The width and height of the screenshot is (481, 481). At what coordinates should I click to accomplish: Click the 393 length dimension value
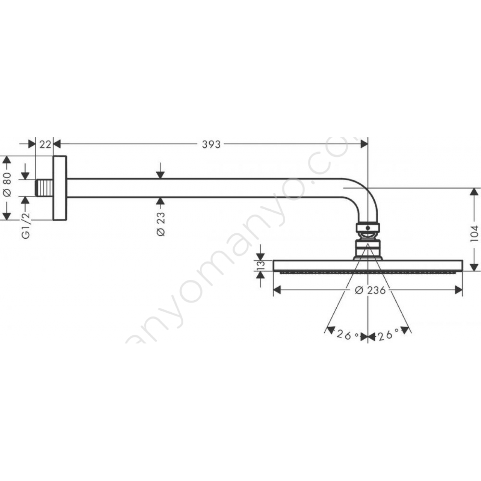(211, 144)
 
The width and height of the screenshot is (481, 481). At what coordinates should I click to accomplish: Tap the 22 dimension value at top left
(45, 144)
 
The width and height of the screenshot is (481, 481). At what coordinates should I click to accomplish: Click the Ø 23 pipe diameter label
(161, 224)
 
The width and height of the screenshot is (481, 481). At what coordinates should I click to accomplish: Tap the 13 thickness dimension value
(260, 266)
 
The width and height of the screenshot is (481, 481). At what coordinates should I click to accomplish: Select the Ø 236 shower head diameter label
(370, 290)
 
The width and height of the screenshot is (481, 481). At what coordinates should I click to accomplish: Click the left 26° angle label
(348, 335)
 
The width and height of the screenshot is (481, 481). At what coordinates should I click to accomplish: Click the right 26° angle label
(388, 334)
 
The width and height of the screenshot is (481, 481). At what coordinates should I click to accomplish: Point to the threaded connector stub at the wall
(44, 188)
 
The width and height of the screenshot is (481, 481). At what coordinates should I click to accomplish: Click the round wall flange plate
(60, 188)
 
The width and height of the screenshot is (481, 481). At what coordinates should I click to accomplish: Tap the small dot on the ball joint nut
(368, 228)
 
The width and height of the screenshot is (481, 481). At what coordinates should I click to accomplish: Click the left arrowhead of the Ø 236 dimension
(277, 290)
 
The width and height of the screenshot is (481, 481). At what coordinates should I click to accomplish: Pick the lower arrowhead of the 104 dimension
(473, 267)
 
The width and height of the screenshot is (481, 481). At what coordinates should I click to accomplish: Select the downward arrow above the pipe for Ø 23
(160, 171)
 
